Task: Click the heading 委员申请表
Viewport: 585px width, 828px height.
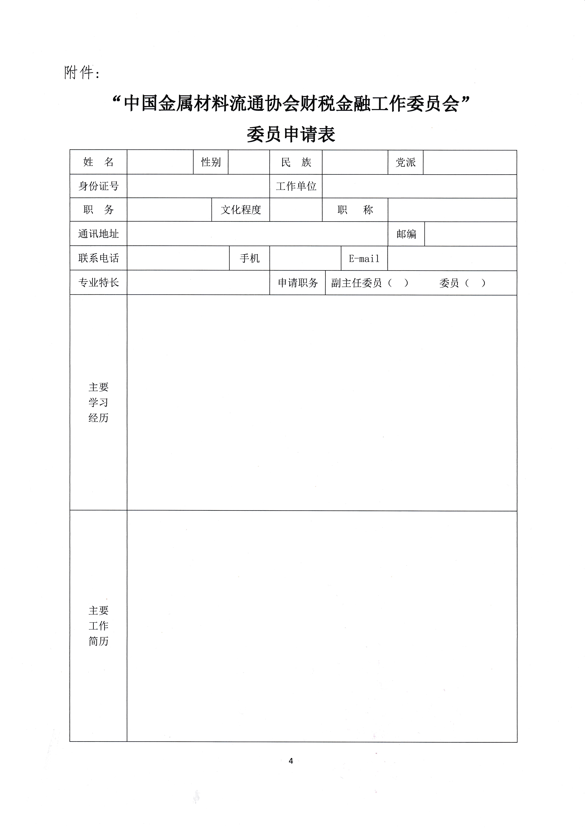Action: tap(291, 135)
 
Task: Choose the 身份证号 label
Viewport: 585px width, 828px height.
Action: tap(98, 186)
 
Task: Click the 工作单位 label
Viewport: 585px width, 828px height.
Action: tap(296, 186)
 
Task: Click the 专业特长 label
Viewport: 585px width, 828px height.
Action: tap(98, 282)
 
